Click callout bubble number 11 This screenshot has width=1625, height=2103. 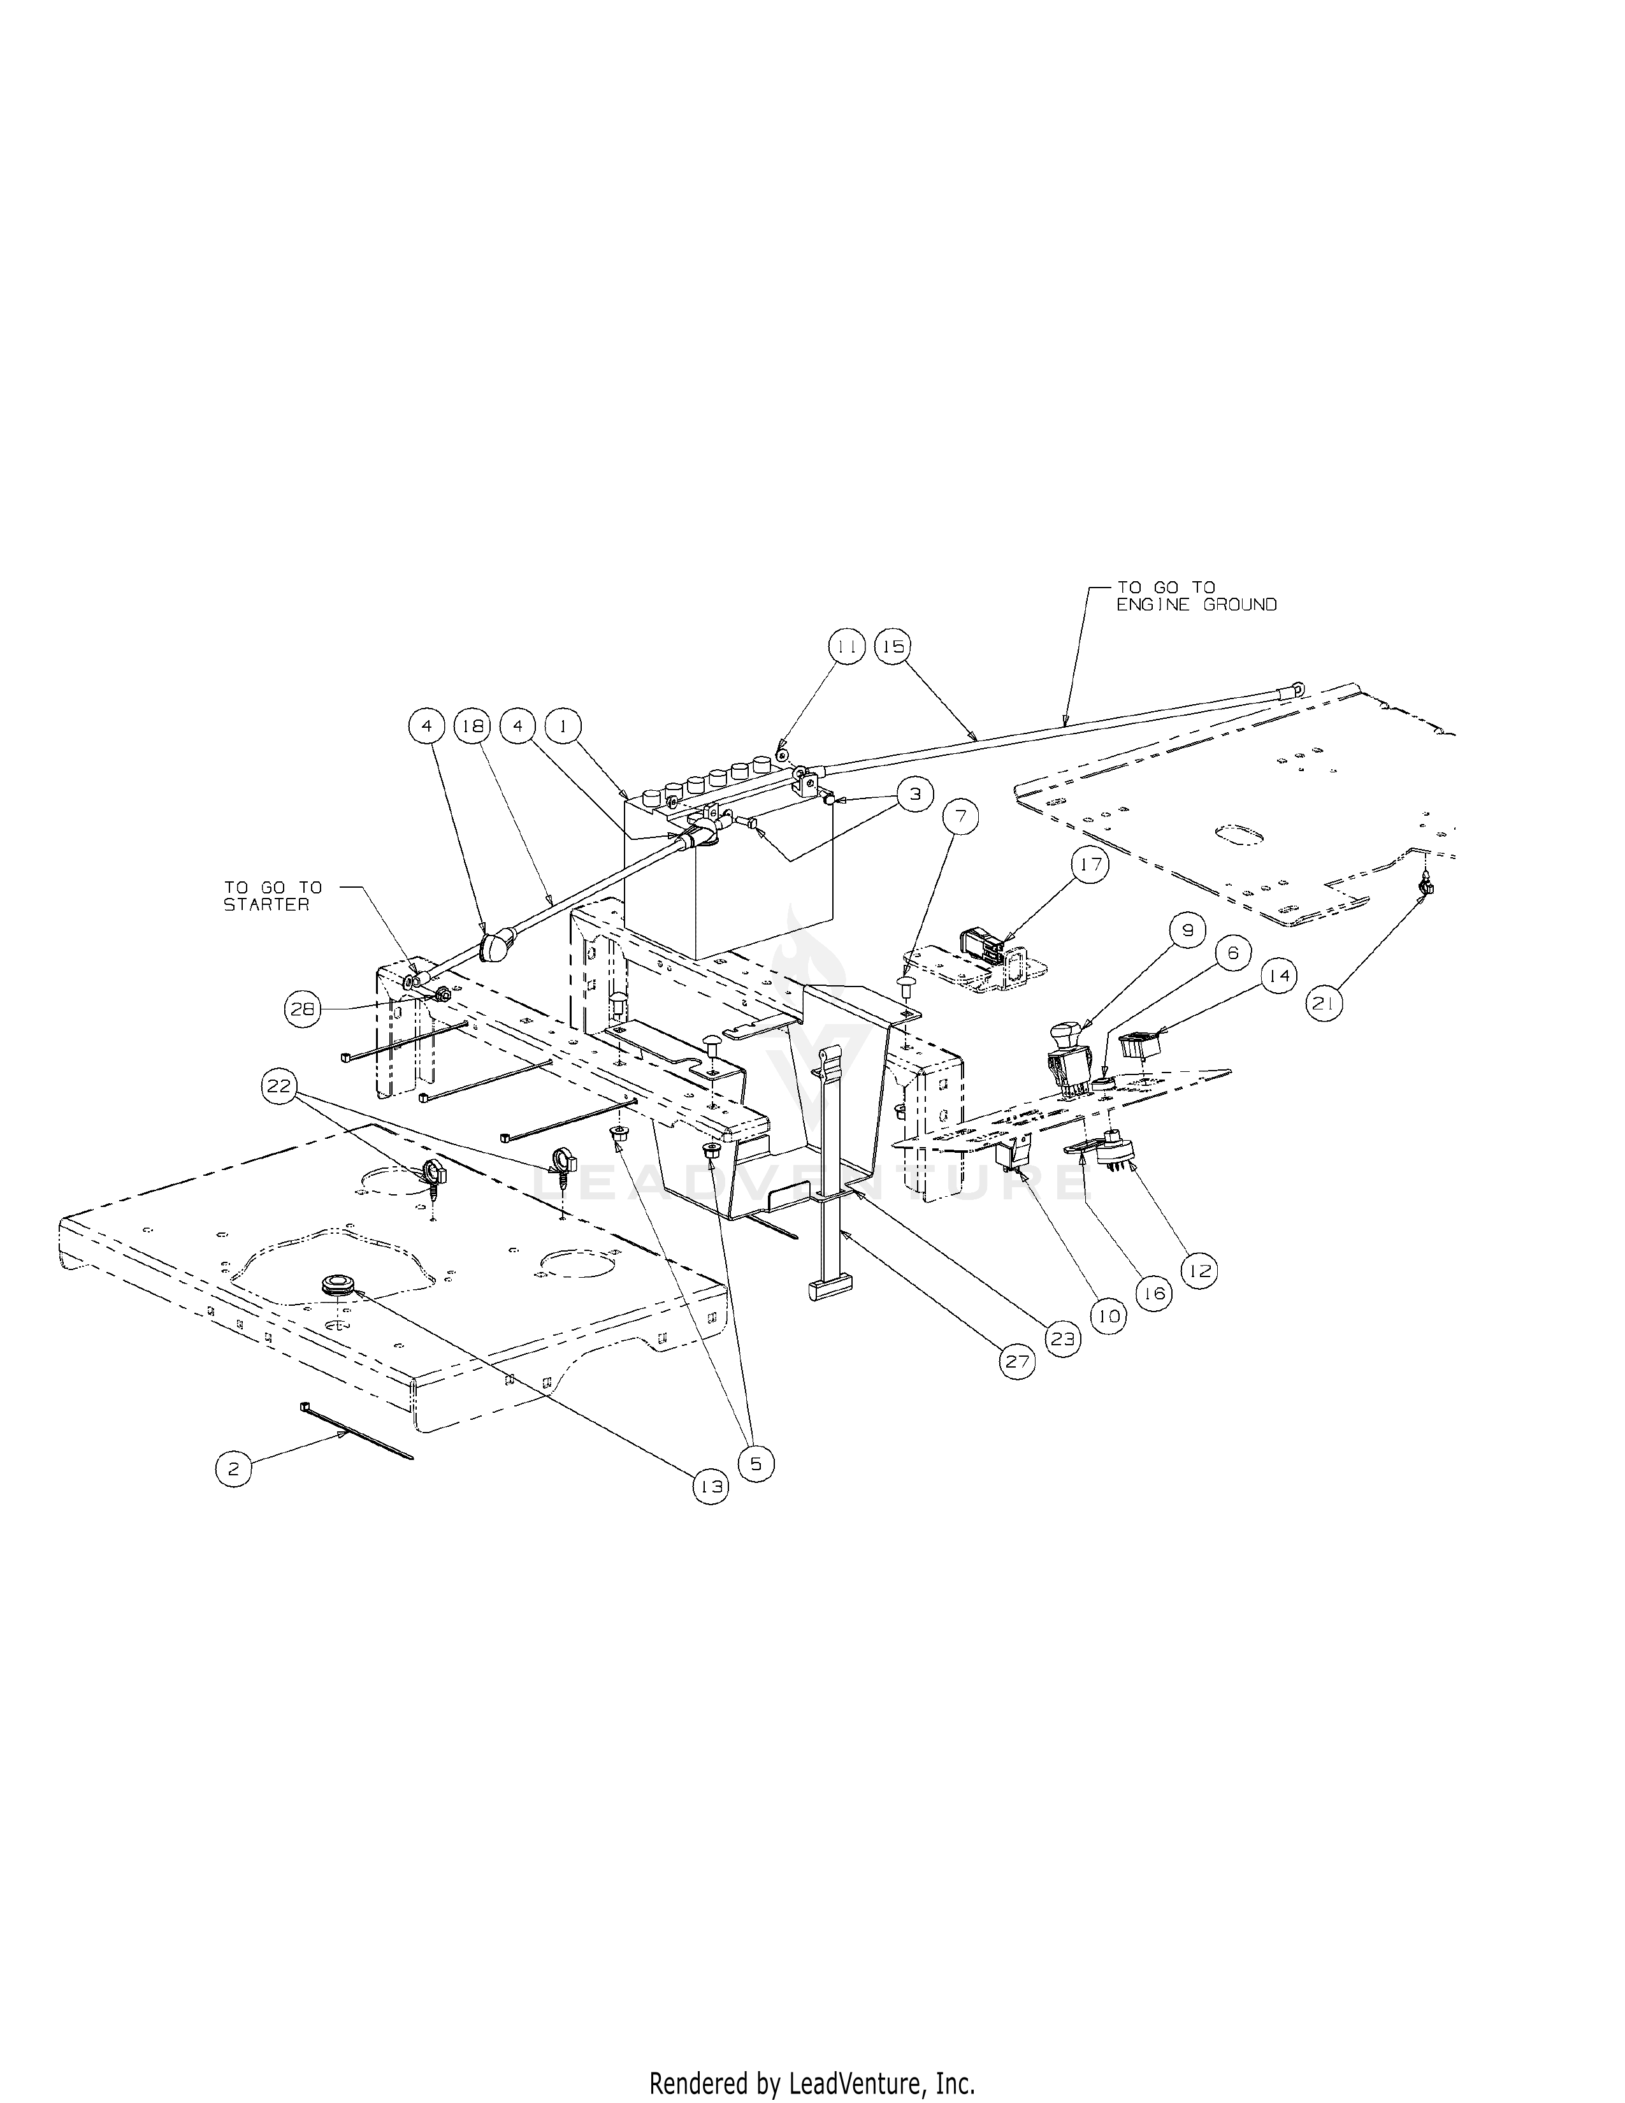[x=846, y=648]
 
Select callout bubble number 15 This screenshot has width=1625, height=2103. [x=893, y=648]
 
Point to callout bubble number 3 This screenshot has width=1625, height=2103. [x=914, y=795]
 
